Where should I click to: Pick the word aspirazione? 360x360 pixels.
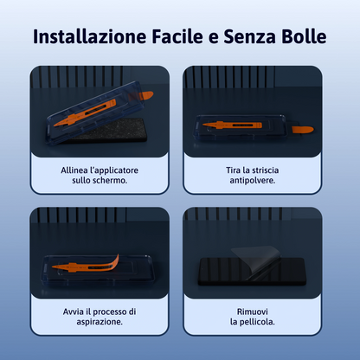[x=98, y=322]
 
